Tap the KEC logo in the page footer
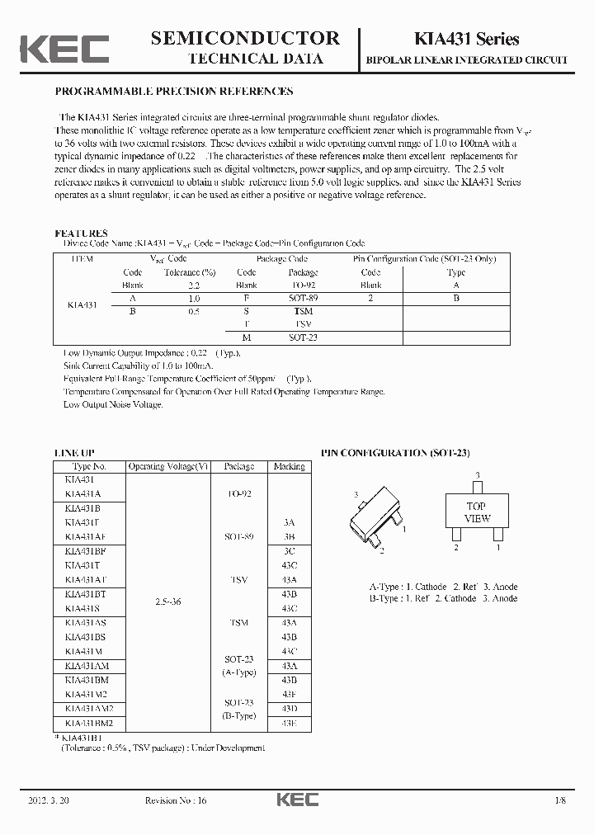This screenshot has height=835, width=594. (x=296, y=801)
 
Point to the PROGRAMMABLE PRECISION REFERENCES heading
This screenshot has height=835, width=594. (x=173, y=92)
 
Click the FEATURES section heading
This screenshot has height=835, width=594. (x=81, y=234)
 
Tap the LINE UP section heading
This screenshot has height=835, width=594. (x=74, y=453)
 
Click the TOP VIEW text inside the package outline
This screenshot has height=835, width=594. (x=477, y=512)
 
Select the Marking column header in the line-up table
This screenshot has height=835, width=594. (x=289, y=466)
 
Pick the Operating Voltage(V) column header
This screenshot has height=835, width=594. (x=168, y=466)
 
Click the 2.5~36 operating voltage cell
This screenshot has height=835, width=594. (x=168, y=602)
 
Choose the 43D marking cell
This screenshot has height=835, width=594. (x=289, y=709)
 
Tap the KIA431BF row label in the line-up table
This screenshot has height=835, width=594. (x=82, y=549)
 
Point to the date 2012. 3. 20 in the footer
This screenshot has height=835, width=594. (x=49, y=801)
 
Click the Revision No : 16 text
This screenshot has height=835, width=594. (x=172, y=801)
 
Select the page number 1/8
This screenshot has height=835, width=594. (x=561, y=801)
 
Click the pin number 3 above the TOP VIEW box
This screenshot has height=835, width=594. (x=477, y=475)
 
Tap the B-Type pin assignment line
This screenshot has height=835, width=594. (x=443, y=598)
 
